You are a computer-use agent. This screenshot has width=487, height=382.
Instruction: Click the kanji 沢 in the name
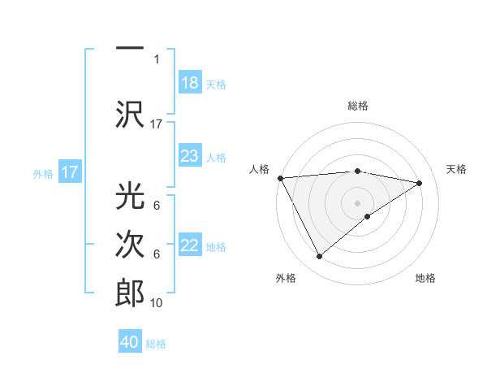pos(130,114)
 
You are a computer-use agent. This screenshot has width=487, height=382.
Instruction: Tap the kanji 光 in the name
pos(130,196)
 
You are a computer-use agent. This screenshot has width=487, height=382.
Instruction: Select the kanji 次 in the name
pos(130,244)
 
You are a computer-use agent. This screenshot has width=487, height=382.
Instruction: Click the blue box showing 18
pos(189,83)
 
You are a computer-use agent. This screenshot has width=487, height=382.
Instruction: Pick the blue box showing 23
pos(189,156)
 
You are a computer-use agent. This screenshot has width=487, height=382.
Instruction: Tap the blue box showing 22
pos(189,246)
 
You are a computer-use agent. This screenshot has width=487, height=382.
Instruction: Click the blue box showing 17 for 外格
pos(69,172)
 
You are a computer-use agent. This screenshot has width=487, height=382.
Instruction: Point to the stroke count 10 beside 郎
pos(157,303)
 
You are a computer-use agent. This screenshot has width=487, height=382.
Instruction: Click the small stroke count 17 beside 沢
pos(157,124)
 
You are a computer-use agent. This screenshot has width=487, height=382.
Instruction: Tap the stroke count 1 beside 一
pos(157,59)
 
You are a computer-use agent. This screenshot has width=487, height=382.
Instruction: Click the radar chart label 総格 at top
pos(357,106)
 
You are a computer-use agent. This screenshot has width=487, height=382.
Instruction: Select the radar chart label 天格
pos(456,169)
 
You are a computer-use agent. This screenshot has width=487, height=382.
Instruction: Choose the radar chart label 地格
pos(425,278)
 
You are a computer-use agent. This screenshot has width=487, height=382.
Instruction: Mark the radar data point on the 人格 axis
pos(280,177)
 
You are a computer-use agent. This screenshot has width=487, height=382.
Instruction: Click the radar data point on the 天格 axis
pos(419,183)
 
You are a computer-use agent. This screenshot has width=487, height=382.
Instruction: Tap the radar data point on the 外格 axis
pos(319,257)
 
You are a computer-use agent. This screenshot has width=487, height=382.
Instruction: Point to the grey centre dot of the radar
pos(357,202)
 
